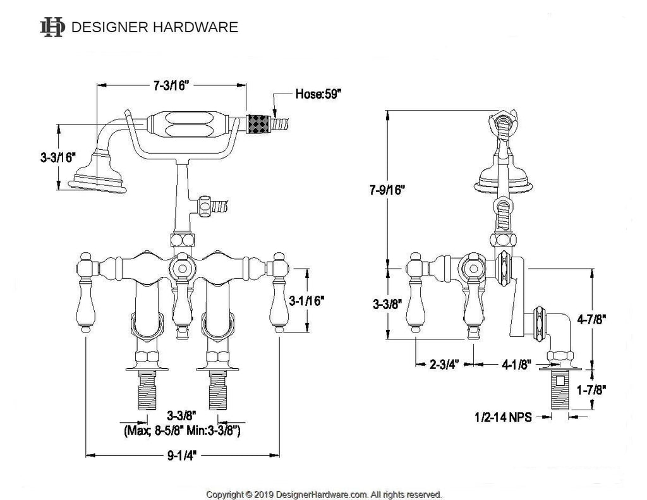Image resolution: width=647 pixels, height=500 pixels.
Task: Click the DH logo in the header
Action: [52, 27]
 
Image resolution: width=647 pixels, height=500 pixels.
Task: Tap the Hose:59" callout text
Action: [318, 95]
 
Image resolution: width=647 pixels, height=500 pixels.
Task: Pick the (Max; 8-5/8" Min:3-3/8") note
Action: [181, 430]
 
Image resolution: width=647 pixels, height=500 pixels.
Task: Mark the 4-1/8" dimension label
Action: [516, 365]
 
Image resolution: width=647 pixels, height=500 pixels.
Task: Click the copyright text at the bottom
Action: [324, 494]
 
